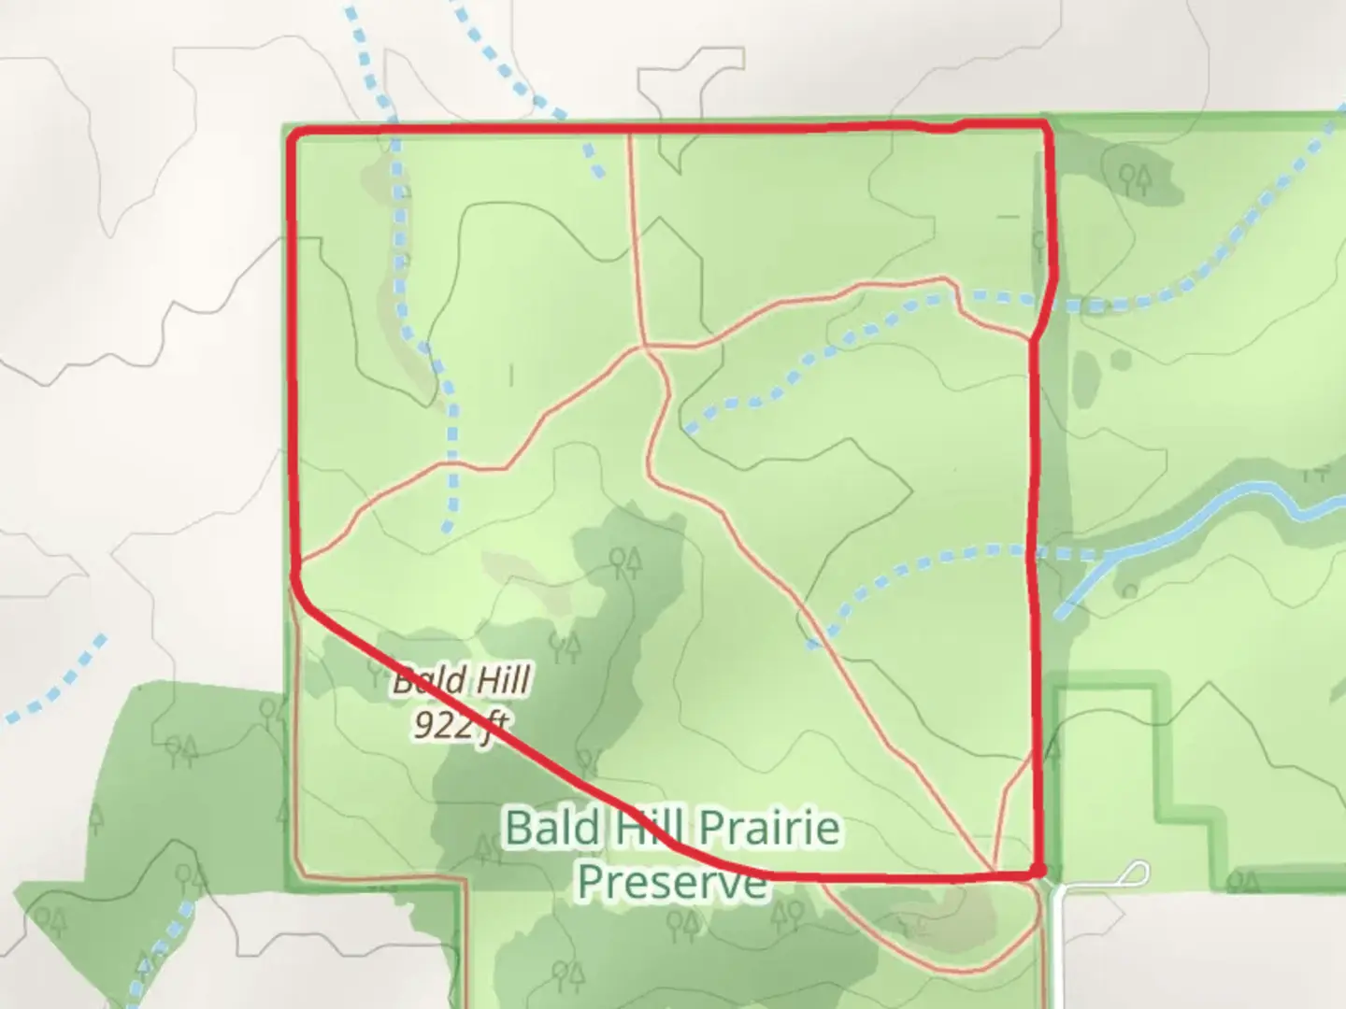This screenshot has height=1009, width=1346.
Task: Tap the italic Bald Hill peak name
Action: point(462,680)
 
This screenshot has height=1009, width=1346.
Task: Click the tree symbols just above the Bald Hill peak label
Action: point(624,562)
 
